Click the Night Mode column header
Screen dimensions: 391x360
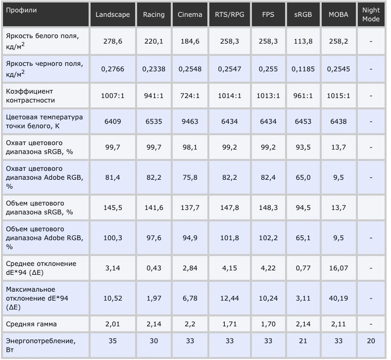point(371,14)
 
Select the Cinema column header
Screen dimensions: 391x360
point(190,14)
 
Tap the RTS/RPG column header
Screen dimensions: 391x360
point(230,14)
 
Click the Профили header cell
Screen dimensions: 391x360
point(21,10)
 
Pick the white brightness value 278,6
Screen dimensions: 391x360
point(113,41)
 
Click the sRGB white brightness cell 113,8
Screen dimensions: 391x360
point(303,41)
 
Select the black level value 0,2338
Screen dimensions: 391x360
point(153,69)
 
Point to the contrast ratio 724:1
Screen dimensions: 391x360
point(190,96)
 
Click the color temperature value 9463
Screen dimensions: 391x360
point(190,121)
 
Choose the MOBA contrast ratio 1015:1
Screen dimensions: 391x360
point(339,96)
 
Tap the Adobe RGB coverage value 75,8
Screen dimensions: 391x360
point(190,177)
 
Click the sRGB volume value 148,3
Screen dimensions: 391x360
point(268,207)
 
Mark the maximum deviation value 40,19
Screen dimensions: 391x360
point(339,298)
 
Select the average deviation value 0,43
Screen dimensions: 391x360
point(153,268)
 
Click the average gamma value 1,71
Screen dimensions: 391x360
point(230,324)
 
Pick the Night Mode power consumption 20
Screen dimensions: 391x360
point(371,341)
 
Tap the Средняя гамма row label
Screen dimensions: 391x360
point(31,324)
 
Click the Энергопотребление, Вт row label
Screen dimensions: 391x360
point(41,345)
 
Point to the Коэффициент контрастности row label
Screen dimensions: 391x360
point(30,96)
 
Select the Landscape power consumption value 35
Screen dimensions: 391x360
point(113,341)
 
